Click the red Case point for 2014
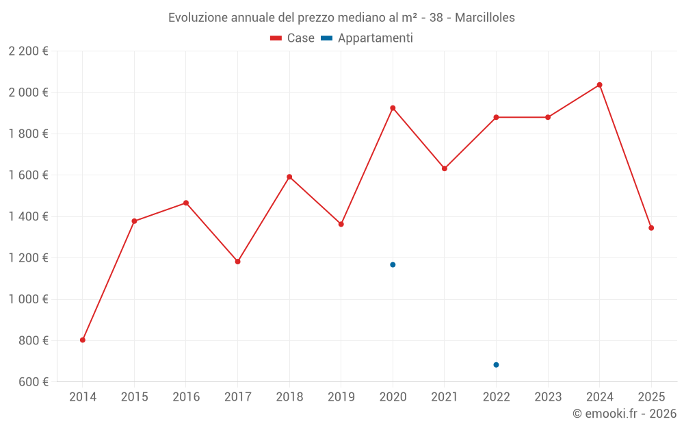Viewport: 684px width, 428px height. point(83,340)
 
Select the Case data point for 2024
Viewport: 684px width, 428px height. point(600,85)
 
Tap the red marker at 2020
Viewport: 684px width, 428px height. point(393,108)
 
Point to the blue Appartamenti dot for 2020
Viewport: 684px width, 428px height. point(393,264)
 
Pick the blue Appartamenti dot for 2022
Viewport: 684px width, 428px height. point(496,364)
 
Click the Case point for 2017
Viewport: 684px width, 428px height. point(238,262)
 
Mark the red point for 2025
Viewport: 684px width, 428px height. point(651,228)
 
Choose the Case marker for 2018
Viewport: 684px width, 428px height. point(289,177)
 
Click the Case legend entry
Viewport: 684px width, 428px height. point(293,38)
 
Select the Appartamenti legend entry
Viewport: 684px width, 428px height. point(367,38)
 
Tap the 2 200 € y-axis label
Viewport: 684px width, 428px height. point(28,51)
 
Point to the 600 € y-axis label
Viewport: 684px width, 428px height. point(32,382)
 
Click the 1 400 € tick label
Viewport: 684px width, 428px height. point(28,216)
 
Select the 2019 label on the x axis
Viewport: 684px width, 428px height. point(341,397)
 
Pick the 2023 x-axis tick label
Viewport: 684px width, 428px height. point(548,397)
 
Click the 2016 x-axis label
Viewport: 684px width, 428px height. point(186,397)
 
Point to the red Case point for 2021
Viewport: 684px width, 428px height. point(445,168)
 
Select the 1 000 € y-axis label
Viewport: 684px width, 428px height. point(28,299)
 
